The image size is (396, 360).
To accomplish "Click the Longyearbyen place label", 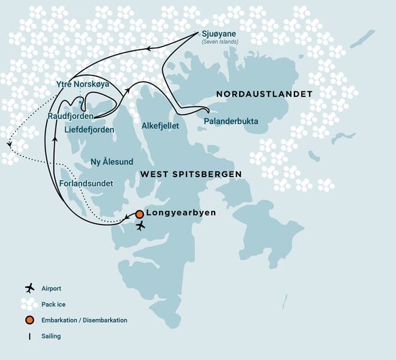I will click(x=177, y=214).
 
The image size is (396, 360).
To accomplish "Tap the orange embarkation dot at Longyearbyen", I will click(x=139, y=214).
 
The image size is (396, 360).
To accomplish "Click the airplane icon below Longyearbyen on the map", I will click(x=140, y=226).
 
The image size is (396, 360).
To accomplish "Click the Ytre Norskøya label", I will click(x=82, y=84).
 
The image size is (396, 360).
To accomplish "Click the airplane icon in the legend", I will click(x=30, y=287).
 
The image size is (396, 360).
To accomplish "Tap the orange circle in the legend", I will click(x=30, y=320).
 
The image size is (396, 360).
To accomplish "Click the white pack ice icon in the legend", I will click(x=30, y=303).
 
